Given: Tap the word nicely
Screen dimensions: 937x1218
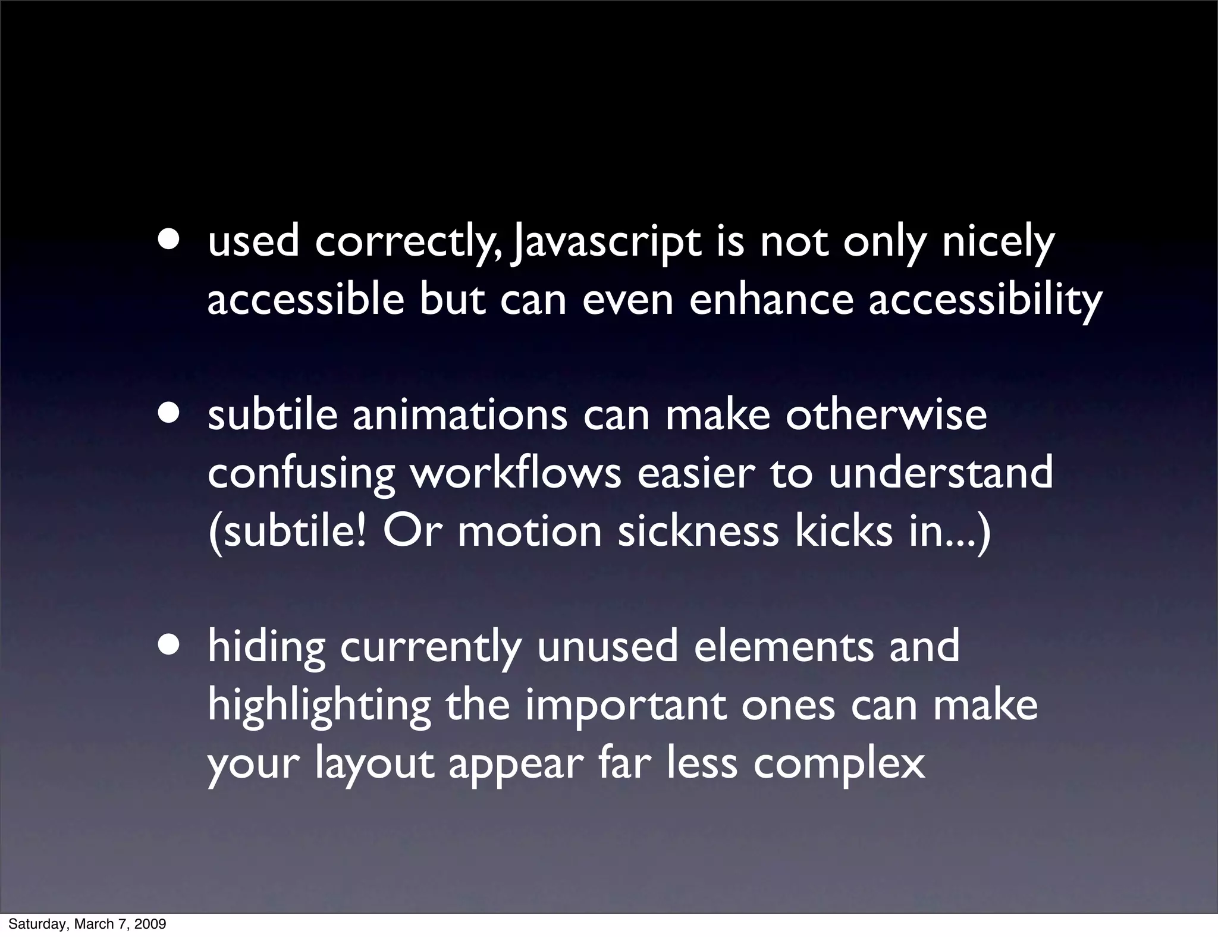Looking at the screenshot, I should [998, 244].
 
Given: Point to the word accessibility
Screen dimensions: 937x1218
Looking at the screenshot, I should [985, 301].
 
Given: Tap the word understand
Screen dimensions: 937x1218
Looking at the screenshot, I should [941, 473].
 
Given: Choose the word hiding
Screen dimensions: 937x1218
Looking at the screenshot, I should [266, 648].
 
